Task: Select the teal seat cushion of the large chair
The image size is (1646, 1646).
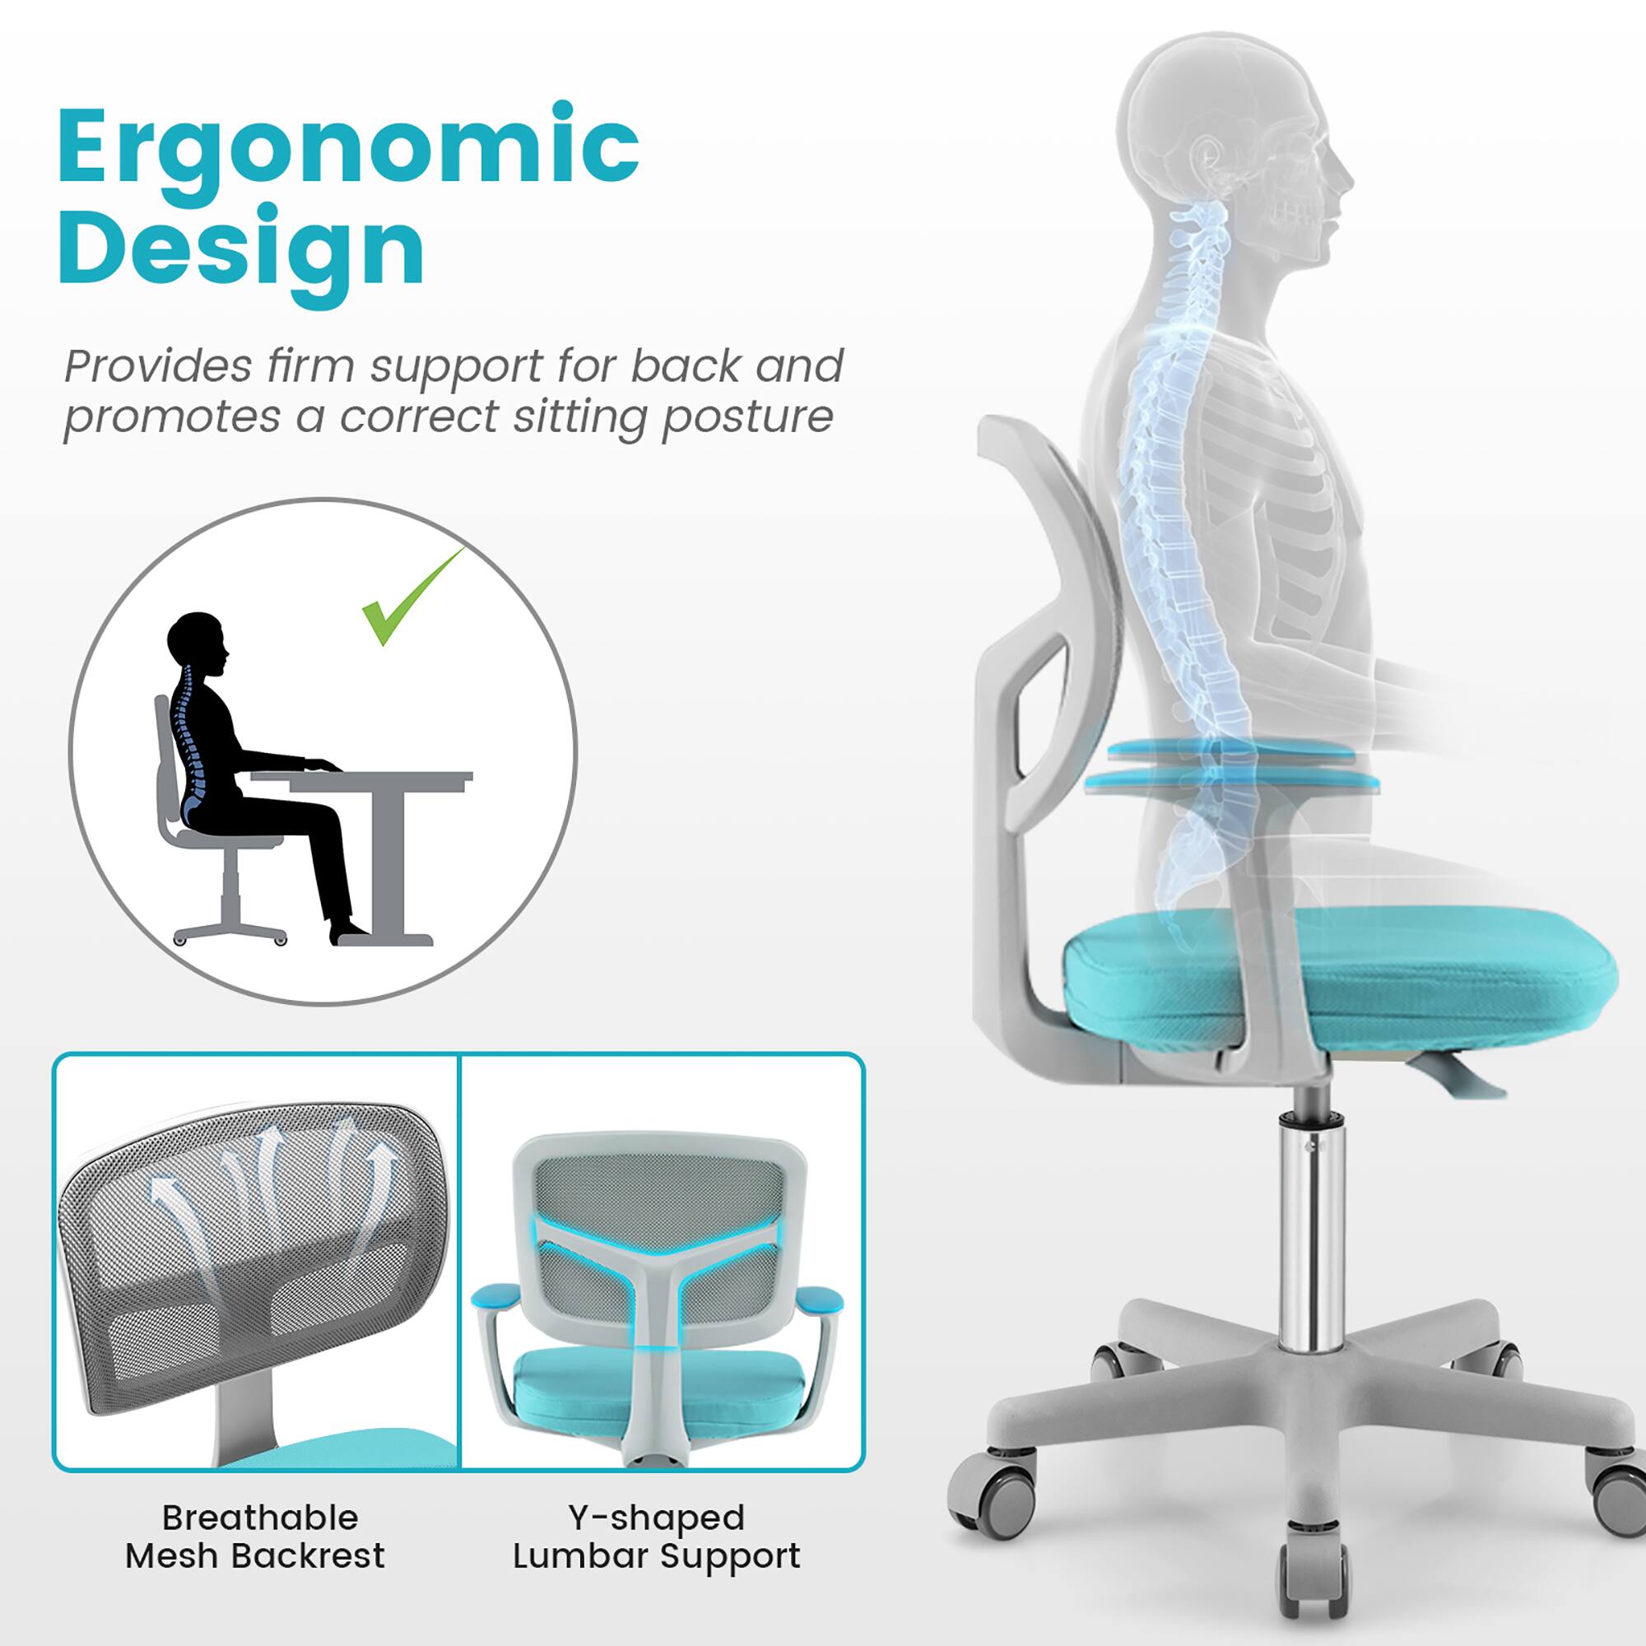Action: pyautogui.click(x=1337, y=979)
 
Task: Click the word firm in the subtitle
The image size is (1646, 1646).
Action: pyautogui.click(x=310, y=366)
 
